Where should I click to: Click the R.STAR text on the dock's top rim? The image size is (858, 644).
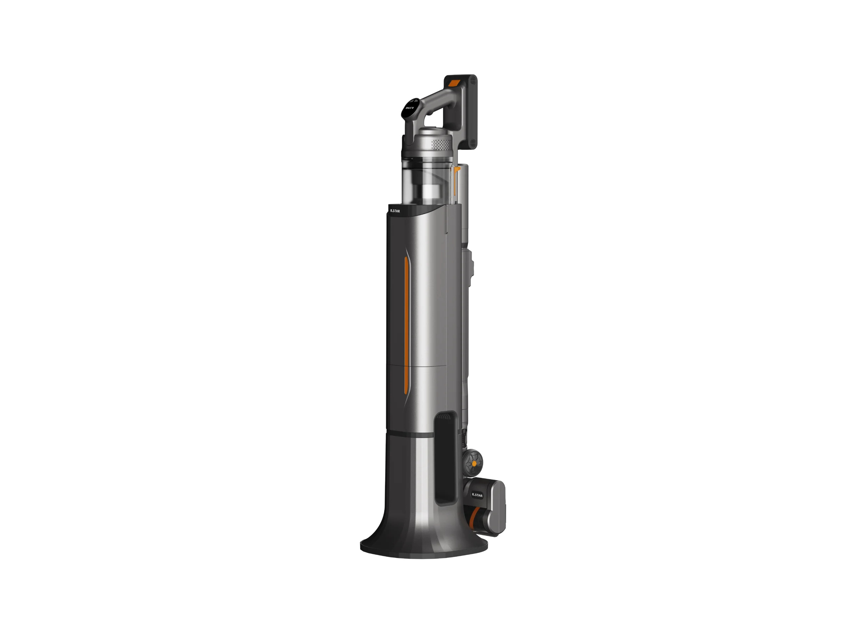click(x=395, y=211)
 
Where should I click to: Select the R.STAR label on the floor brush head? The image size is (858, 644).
click(x=477, y=495)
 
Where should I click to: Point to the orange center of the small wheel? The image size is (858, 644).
click(x=474, y=464)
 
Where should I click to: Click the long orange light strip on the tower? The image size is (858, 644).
click(x=407, y=330)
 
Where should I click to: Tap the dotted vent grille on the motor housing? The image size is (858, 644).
click(x=441, y=145)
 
